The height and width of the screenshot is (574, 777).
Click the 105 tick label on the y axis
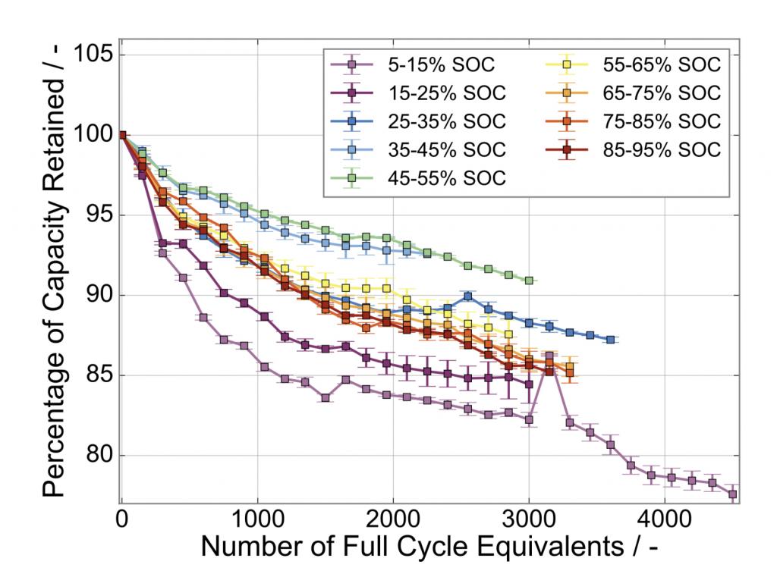(92, 55)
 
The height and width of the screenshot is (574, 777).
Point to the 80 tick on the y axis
(99, 456)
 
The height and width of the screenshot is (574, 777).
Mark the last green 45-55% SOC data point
(529, 281)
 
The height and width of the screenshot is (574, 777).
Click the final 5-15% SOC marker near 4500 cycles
(732, 494)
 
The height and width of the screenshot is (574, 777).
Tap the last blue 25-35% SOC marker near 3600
(610, 340)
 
